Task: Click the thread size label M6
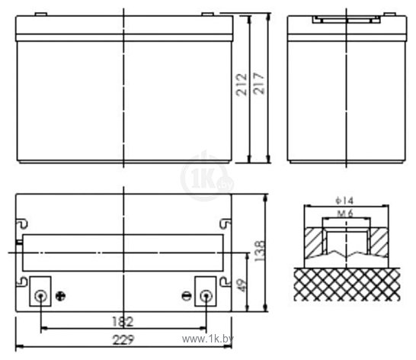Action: [344, 214]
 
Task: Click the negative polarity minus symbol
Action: [184, 296]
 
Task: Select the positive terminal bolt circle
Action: [41, 296]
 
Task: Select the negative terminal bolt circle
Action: [205, 296]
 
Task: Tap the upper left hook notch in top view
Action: [23, 223]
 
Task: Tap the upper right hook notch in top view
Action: [225, 223]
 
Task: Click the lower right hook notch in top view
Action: [225, 282]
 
